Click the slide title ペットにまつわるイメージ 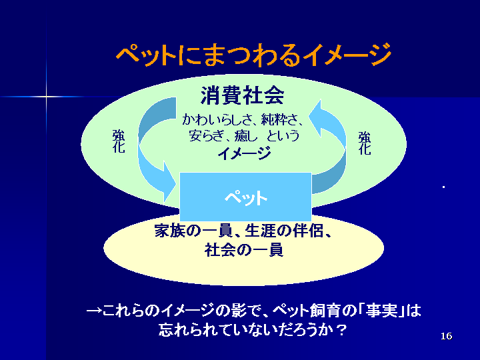point(253,55)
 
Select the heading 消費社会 point(243,95)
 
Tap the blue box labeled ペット point(245,197)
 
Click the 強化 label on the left point(119,141)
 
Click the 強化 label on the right point(365,143)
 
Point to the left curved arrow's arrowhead point(169,183)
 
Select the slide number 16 point(446,336)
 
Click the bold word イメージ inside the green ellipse point(244,153)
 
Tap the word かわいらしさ point(217,119)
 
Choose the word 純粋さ point(279,119)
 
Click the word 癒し point(246,135)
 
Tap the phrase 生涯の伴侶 point(284,231)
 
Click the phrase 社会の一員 point(244,250)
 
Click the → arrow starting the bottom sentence point(94,311)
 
